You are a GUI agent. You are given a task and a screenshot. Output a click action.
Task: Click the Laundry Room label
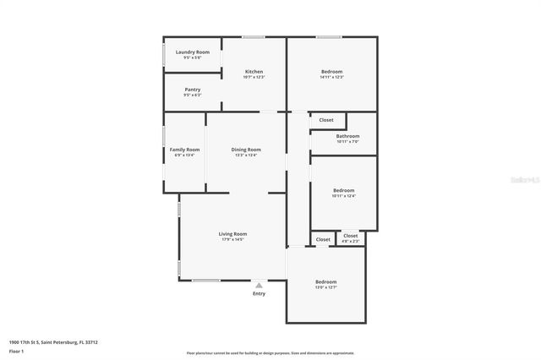click(192, 52)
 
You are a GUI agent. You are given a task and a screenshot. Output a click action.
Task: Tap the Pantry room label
click(192, 89)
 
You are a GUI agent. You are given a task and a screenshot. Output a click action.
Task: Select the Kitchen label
click(254, 71)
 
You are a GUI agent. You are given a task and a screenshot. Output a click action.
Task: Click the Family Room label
click(184, 150)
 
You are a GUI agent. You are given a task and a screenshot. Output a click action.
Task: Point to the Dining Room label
click(246, 150)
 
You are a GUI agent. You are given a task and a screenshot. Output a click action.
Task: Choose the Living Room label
click(232, 233)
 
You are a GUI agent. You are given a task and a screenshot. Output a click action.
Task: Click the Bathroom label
click(347, 136)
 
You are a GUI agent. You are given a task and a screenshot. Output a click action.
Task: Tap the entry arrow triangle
click(259, 285)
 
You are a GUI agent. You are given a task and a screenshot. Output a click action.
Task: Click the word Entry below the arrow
click(259, 293)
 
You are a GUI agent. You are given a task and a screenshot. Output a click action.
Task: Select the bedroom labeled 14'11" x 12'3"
click(331, 72)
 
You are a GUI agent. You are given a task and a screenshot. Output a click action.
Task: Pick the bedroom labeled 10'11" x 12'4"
click(343, 191)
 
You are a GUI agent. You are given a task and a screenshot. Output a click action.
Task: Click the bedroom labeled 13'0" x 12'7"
click(325, 281)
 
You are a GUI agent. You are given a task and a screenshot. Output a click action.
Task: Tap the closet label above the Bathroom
click(326, 120)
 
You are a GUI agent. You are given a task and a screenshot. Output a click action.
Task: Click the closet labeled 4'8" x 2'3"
click(350, 238)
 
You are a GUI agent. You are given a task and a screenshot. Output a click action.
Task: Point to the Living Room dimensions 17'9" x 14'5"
click(232, 240)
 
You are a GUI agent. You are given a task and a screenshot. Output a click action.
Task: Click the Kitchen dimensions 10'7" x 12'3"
click(254, 77)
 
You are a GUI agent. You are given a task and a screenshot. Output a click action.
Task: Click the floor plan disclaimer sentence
click(270, 353)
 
